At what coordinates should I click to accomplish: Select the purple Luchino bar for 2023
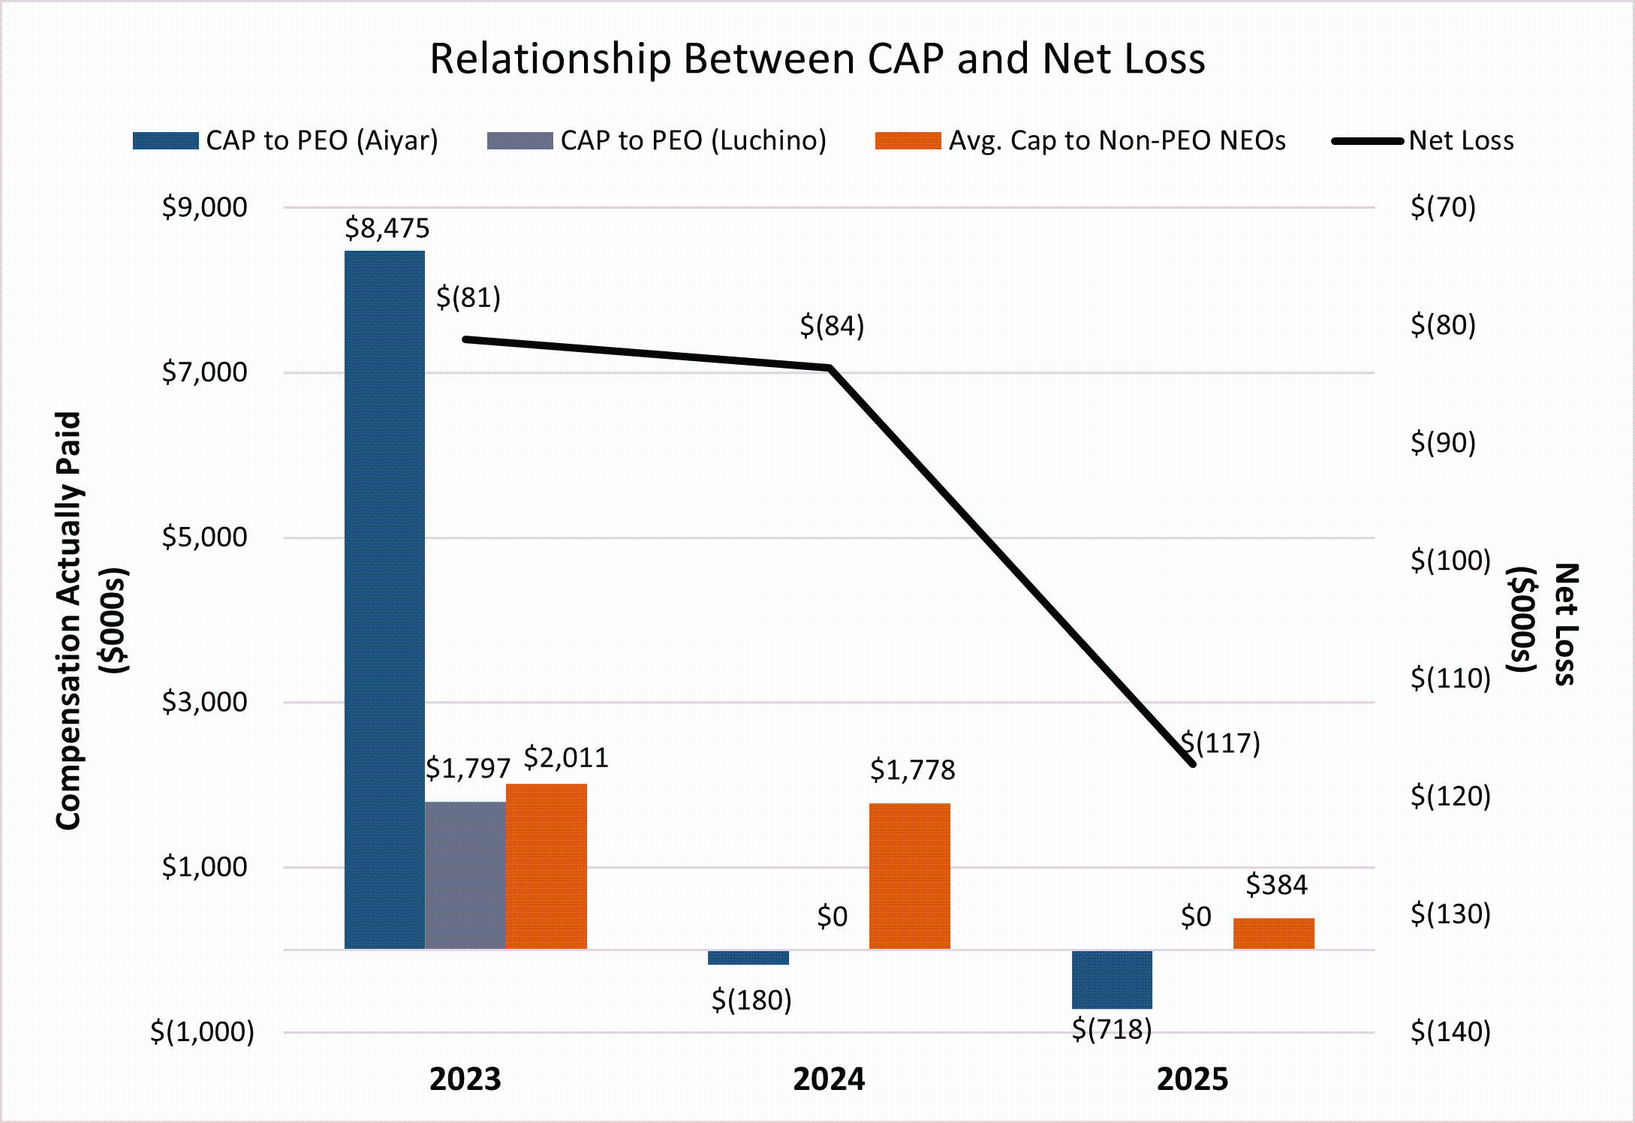465,875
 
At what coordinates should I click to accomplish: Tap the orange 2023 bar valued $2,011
546,866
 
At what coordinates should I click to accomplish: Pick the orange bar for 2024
909,876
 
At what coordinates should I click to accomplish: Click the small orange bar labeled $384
1273,934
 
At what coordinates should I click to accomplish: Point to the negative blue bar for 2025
1112,980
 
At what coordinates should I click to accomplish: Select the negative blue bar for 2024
748,957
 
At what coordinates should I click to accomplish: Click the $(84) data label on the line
832,326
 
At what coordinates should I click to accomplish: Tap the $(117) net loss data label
1221,743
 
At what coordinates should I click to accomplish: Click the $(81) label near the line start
468,297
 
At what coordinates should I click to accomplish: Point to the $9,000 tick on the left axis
204,207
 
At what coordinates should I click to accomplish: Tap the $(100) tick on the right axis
1450,561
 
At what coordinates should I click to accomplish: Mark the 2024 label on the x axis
829,1079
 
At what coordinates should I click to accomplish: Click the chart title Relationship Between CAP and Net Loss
817,59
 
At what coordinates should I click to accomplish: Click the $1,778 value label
912,770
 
